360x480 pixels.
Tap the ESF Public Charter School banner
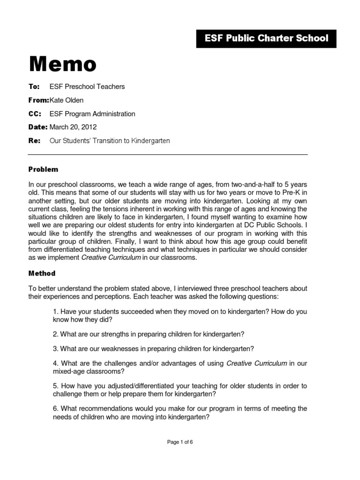point(266,38)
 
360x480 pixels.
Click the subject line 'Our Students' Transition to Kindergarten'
point(110,141)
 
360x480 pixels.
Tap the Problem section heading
point(43,169)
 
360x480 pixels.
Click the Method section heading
point(42,273)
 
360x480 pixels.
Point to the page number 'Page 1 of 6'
point(180,442)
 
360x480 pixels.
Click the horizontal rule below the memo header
point(168,155)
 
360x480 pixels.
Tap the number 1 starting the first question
point(55,312)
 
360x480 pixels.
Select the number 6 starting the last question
point(55,409)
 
